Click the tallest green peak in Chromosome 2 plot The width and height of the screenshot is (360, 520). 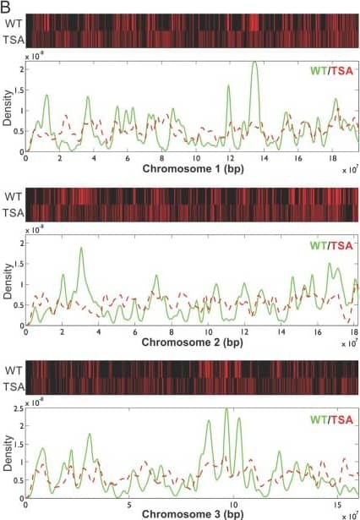[x=81, y=249]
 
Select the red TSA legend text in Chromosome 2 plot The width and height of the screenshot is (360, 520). [x=343, y=245]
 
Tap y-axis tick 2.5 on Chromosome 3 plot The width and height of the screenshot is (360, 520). [x=17, y=410]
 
